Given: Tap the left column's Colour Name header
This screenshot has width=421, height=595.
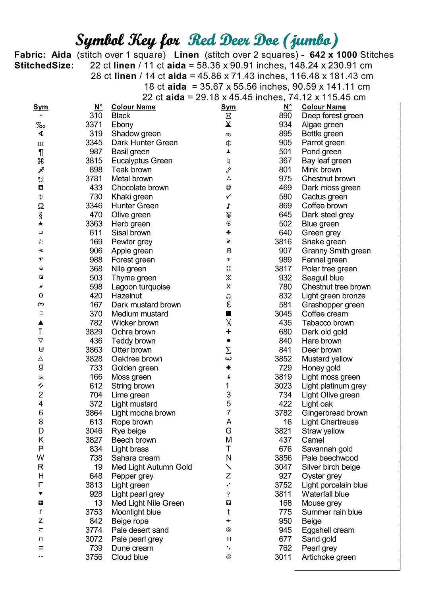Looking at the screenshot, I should pyautogui.click(x=133, y=107).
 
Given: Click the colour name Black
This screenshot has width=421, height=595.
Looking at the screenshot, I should pyautogui.click(x=121, y=116).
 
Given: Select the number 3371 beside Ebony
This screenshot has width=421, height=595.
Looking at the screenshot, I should pyautogui.click(x=94, y=125).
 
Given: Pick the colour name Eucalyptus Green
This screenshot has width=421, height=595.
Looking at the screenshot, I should pyautogui.click(x=142, y=161).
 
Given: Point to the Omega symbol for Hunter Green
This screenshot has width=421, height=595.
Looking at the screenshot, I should pyautogui.click(x=41, y=206).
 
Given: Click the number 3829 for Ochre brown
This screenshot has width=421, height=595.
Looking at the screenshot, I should pyautogui.click(x=94, y=332).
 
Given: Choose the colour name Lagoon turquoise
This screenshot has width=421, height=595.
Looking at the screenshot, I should pyautogui.click(x=141, y=287).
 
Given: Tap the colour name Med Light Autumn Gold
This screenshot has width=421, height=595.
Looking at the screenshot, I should pyautogui.click(x=151, y=467).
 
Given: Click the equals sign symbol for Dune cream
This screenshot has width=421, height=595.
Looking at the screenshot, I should pyautogui.click(x=41, y=548).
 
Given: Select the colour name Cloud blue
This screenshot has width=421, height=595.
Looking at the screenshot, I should pyautogui.click(x=129, y=557).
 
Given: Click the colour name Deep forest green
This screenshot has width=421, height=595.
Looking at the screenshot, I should pyautogui.click(x=332, y=116).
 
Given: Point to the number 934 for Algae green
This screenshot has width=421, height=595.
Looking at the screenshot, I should pyautogui.click(x=285, y=125).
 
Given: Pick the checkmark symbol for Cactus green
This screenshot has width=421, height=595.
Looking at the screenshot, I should pyautogui.click(x=228, y=197).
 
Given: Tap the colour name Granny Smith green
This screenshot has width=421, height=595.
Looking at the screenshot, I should pyautogui.click(x=336, y=251).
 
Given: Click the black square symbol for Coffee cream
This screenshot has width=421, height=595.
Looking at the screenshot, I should pyautogui.click(x=228, y=314).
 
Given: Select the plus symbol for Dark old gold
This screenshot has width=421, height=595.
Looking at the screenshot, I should pyautogui.click(x=228, y=332).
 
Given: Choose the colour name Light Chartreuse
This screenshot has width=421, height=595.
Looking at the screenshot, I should pyautogui.click(x=330, y=422).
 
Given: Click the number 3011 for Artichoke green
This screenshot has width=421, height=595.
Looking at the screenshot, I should pyautogui.click(x=283, y=557).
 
